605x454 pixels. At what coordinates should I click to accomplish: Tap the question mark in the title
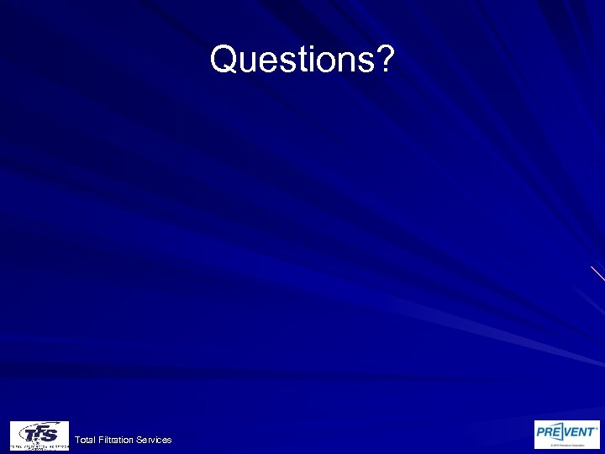click(x=384, y=60)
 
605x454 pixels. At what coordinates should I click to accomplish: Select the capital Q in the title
click(x=224, y=60)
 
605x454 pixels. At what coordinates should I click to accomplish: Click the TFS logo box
click(x=39, y=435)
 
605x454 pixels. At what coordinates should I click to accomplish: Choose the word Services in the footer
click(x=155, y=440)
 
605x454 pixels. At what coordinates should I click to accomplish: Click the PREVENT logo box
click(x=567, y=434)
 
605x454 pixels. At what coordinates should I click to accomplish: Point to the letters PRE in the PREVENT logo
click(x=551, y=431)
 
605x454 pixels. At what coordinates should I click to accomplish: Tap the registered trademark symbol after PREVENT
click(x=597, y=426)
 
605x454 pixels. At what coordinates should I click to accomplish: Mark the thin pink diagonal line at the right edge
click(x=597, y=272)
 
